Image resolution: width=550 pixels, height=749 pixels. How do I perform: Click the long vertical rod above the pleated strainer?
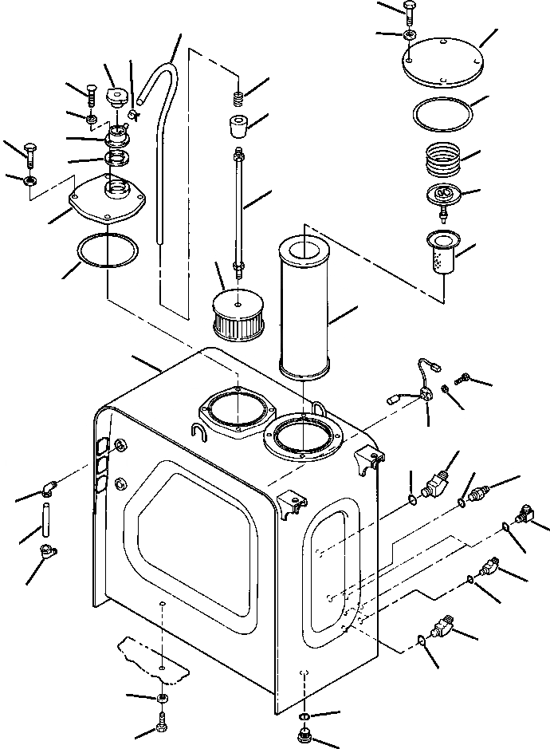[238, 207]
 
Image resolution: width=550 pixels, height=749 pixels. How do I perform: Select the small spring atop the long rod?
[238, 99]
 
